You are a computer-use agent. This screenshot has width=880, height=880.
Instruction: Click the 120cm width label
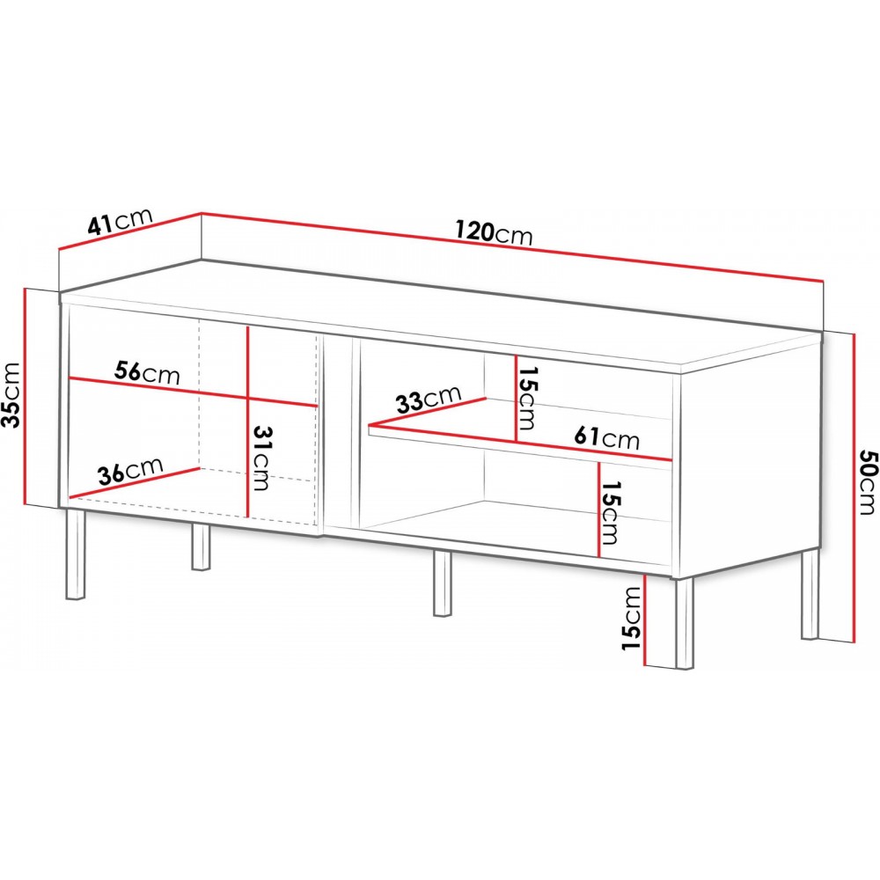[x=494, y=232]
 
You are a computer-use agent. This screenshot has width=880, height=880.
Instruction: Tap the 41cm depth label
[x=120, y=221]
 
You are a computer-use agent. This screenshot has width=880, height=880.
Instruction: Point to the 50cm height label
[x=866, y=481]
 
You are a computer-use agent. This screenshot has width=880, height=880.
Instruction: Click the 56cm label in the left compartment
[x=147, y=372]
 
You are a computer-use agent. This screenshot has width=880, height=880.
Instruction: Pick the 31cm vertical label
[x=261, y=458]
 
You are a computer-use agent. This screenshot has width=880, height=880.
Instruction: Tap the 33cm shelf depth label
[x=429, y=399]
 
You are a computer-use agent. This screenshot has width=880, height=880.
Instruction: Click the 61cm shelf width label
[x=606, y=437]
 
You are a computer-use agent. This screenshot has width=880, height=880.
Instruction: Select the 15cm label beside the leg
[x=631, y=619]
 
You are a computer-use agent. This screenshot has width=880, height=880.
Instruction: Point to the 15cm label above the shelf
[x=527, y=398]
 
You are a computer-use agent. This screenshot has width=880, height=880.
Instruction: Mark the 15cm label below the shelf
[x=610, y=512]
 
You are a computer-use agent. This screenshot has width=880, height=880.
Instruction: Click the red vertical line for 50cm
[x=854, y=488]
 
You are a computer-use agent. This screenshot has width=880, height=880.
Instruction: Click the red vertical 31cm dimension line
[x=248, y=422]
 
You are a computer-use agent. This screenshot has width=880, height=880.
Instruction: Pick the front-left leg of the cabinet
[x=75, y=554]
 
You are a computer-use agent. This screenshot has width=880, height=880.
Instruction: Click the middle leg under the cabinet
[x=443, y=583]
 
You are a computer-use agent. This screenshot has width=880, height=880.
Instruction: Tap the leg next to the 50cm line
[x=810, y=594]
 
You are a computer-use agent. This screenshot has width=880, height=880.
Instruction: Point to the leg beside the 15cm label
[x=685, y=623]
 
